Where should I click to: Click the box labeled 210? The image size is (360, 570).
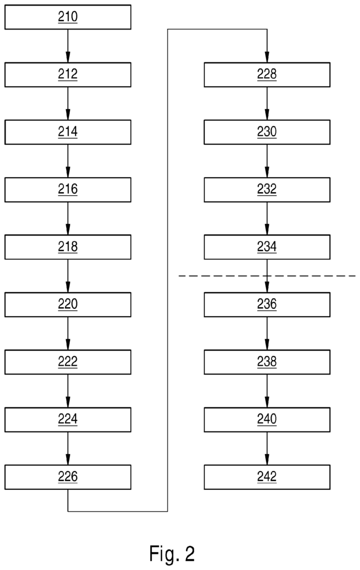click(68, 17)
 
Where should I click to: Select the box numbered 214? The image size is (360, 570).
click(68, 132)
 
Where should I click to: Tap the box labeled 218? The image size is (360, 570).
click(68, 247)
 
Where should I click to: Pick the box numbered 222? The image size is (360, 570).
click(68, 362)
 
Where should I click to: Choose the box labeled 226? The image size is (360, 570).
click(68, 477)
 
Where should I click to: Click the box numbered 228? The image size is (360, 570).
click(267, 75)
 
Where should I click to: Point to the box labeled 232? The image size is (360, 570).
click(267, 190)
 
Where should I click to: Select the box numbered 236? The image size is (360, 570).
click(267, 304)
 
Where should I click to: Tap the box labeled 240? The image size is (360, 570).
click(267, 420)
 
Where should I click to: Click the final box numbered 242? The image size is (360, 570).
click(267, 477)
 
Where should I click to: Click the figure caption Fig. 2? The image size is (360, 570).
click(172, 554)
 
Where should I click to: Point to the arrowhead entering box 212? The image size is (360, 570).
click(68, 57)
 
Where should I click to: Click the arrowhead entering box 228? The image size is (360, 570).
click(267, 57)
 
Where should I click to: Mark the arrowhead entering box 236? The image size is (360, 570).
click(267, 288)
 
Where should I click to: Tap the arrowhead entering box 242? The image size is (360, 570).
click(267, 460)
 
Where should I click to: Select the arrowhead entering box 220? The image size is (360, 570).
click(68, 288)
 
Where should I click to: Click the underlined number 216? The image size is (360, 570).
click(68, 189)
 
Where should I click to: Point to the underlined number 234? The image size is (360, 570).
click(267, 247)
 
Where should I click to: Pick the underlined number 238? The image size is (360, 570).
click(267, 362)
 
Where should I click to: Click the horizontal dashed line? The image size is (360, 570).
click(267, 276)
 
